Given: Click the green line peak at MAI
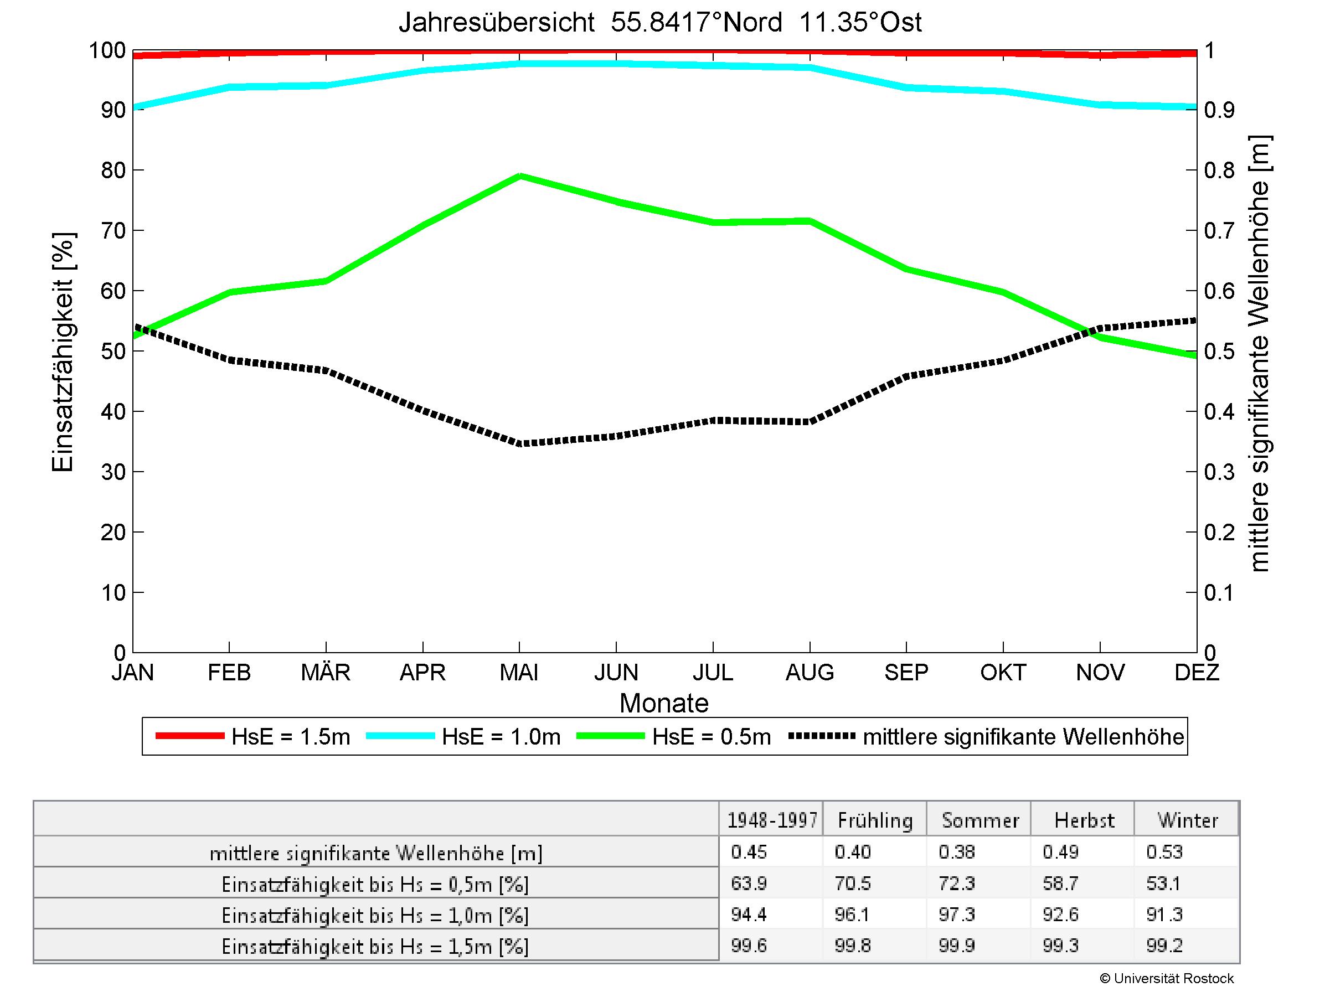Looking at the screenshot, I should pos(520,176).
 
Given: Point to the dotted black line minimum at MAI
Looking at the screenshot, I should pos(520,444).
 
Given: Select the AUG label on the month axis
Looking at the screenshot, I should pos(810,673).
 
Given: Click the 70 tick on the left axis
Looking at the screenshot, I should pos(113,231).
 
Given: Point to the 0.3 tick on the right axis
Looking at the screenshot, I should pos(1219,472).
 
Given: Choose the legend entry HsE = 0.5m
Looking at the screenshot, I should pos(712,737).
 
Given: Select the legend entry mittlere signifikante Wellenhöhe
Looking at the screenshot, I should pos(1023,737).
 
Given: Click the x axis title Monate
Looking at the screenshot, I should pos(664,703).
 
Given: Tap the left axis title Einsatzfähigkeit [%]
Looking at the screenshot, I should pos(63,352).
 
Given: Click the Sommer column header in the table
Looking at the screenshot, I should pos(980,820).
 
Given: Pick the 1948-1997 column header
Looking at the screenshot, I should pos(772,820).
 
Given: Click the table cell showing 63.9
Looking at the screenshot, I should pos(749,884).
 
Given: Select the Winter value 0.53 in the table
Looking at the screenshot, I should pos(1164,852).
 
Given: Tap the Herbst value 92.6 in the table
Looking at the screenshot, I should pos(1061,915).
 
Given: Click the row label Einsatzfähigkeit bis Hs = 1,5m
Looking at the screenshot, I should pos(375,947).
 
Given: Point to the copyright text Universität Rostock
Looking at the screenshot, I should pos(1167,978).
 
